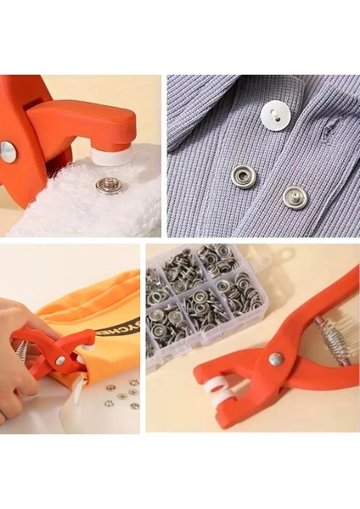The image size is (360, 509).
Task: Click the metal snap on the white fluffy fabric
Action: pos(108,185)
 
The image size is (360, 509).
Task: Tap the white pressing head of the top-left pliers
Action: pos(110,154)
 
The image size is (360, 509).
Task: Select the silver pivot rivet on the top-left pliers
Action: pos(8,152)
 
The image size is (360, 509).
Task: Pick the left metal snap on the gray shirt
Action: pos(245,176)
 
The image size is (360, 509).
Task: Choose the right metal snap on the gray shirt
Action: pos(295,197)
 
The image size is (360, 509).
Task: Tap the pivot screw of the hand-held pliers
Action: pos(60,360)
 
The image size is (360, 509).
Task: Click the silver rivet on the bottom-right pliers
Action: pos(276,359)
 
